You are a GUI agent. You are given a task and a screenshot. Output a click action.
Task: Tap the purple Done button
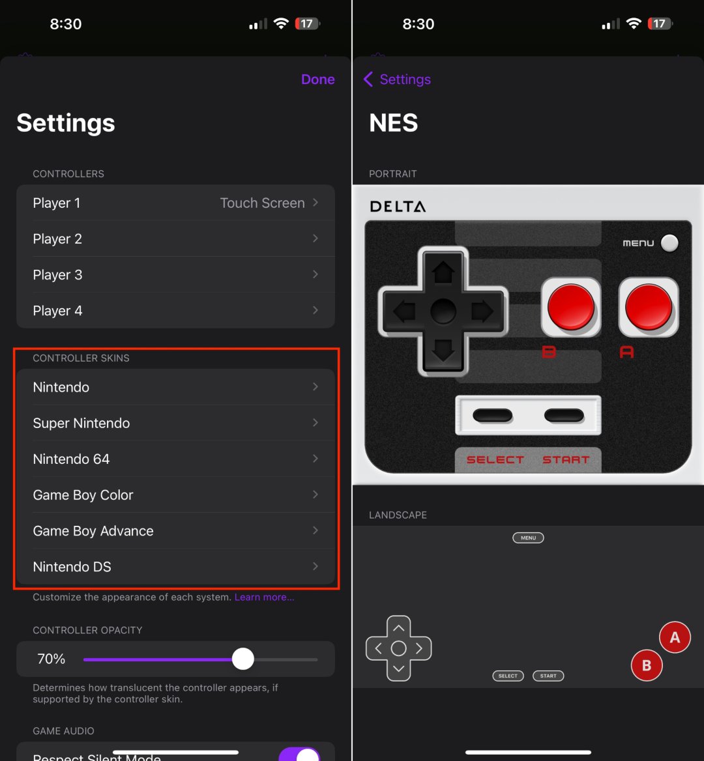pos(317,79)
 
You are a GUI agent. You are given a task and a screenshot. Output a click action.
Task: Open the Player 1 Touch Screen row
pos(175,203)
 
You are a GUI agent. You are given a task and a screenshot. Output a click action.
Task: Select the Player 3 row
pos(175,275)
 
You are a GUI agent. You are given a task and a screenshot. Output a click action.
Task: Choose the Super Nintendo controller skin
pos(175,423)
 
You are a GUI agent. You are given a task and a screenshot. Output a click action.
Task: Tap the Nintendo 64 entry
pos(175,459)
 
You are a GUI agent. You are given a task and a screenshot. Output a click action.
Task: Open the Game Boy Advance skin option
pos(175,531)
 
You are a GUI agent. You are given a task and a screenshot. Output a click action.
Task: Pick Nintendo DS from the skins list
pos(175,567)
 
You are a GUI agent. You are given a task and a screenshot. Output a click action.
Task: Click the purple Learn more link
pos(264,597)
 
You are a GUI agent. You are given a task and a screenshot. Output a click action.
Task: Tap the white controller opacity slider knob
pos(243,659)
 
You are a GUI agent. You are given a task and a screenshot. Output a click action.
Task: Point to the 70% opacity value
pos(51,659)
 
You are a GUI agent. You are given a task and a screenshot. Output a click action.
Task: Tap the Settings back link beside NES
pos(397,79)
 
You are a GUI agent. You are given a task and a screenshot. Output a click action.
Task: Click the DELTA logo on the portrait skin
pos(398,207)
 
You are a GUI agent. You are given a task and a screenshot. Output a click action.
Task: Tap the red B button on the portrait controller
pos(570,306)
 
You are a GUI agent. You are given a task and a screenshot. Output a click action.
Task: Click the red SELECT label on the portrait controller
pos(495,460)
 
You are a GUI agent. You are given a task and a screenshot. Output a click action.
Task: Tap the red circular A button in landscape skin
pos(675,638)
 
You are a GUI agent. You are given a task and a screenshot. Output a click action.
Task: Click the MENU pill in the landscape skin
pos(528,538)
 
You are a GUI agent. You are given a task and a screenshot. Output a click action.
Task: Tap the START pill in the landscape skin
pos(548,676)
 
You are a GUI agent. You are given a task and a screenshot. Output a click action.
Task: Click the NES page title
pos(394,123)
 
